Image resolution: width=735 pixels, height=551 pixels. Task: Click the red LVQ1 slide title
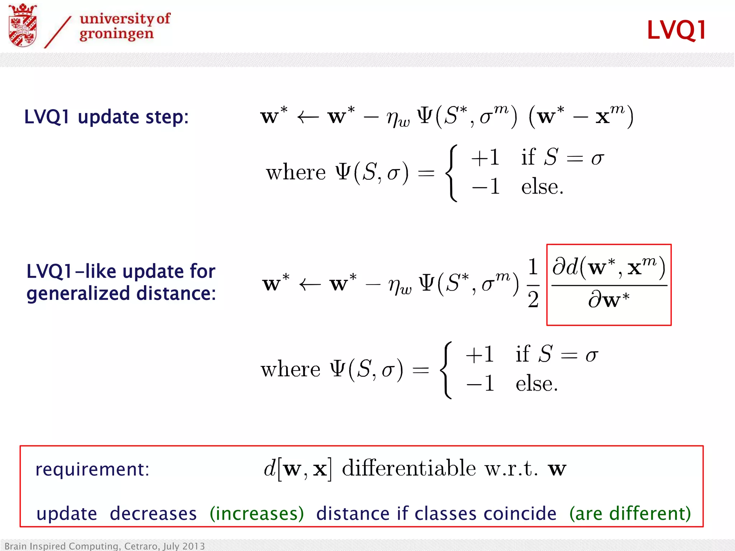677,30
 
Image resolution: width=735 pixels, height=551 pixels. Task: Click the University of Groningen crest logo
23,25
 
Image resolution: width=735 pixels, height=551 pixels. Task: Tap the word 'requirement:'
92,469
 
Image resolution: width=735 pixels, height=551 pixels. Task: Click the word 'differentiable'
409,468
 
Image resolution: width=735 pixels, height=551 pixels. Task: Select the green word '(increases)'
257,513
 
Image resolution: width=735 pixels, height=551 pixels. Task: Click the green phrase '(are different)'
630,513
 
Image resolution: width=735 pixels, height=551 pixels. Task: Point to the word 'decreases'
153,513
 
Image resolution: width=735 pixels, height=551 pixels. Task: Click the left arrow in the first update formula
308,117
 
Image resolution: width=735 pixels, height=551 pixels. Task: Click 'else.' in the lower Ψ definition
537,384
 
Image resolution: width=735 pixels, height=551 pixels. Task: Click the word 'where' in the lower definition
290,369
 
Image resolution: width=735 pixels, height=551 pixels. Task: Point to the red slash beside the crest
57,32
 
